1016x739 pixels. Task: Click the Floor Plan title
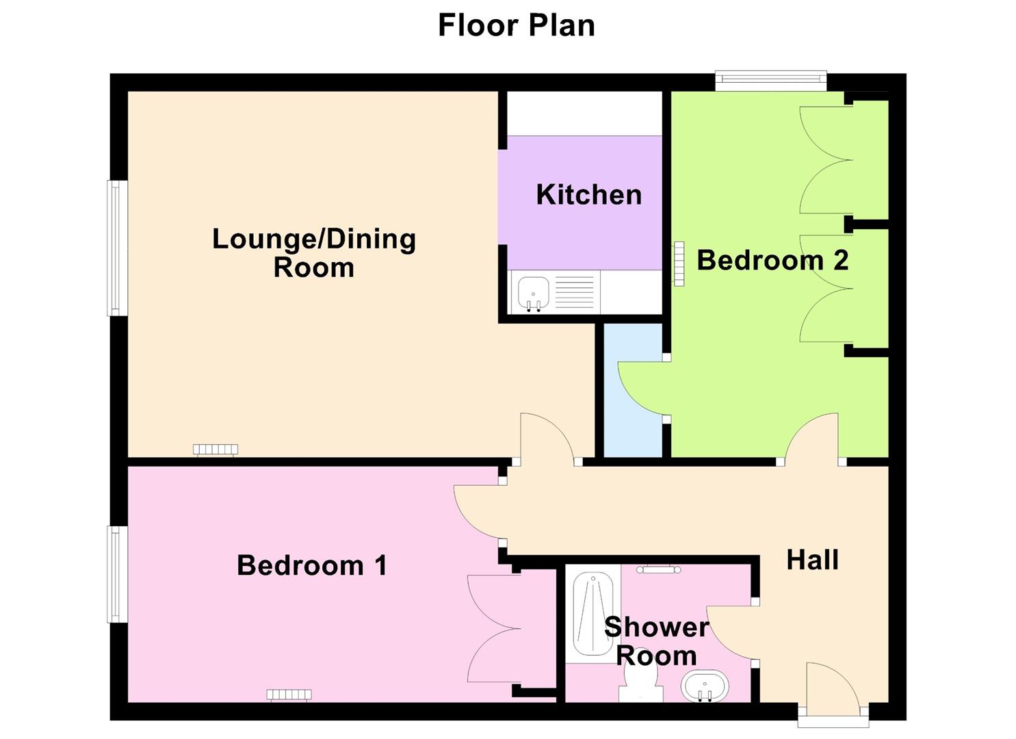(x=516, y=26)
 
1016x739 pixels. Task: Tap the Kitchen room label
(x=588, y=195)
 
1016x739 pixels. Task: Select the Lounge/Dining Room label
(x=314, y=252)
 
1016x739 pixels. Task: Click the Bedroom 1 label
(x=312, y=566)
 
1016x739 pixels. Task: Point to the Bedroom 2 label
(x=772, y=260)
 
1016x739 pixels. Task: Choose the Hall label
(x=812, y=560)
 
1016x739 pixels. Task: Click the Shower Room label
(x=656, y=641)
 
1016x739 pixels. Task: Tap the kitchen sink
(x=533, y=292)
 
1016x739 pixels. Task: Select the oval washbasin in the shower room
(x=705, y=685)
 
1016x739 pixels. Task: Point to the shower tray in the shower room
(x=592, y=614)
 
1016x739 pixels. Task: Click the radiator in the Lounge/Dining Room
(x=216, y=450)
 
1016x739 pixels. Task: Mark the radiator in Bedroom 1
(x=289, y=695)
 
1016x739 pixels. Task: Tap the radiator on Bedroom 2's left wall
(x=679, y=263)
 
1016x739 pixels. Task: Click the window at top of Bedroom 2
(x=771, y=81)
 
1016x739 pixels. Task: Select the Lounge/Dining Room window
(x=117, y=248)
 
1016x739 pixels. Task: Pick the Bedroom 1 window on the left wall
(x=117, y=574)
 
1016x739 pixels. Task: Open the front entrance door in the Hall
(x=833, y=691)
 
